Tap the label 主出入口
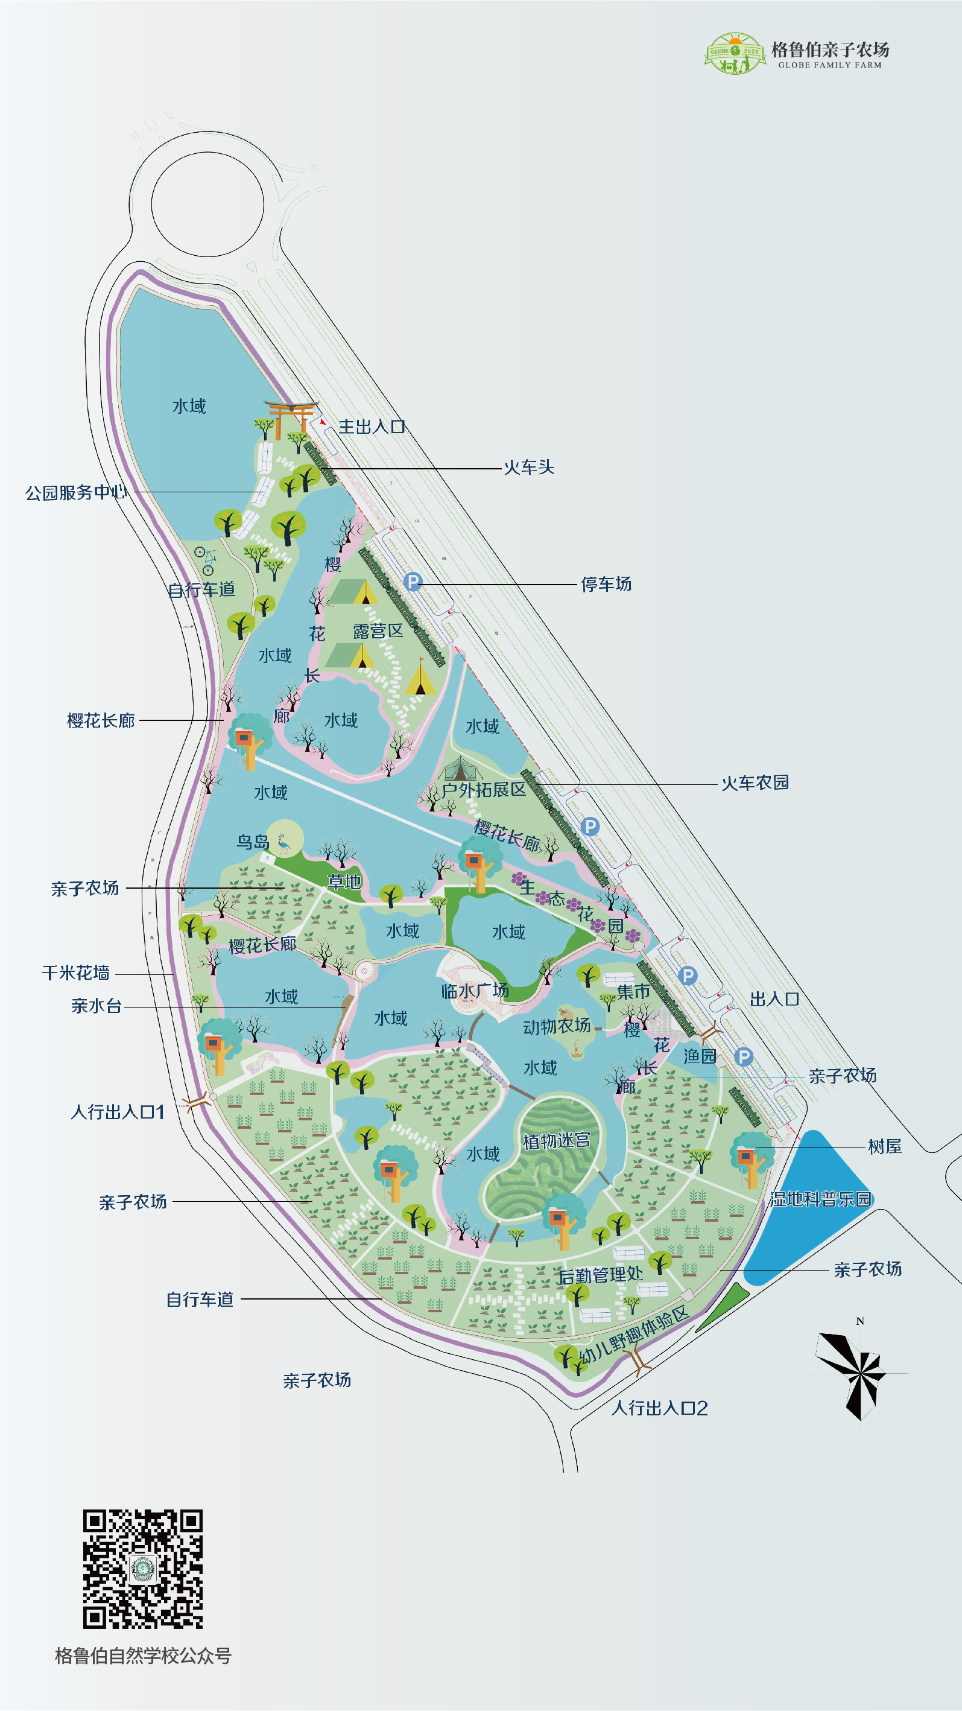[372, 427]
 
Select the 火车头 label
[528, 467]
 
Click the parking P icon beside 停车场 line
[413, 582]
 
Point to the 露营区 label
[378, 630]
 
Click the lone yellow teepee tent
[420, 678]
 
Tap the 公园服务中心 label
[75, 492]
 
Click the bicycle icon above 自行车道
[206, 560]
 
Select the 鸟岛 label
[252, 842]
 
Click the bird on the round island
[284, 843]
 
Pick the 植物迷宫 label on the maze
[556, 1140]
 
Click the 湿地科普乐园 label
[820, 1199]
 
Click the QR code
[143, 1569]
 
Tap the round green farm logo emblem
[734, 53]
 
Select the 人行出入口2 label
[659, 1408]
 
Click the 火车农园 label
[755, 782]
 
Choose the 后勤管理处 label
[600, 1275]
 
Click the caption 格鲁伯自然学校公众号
[143, 1655]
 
